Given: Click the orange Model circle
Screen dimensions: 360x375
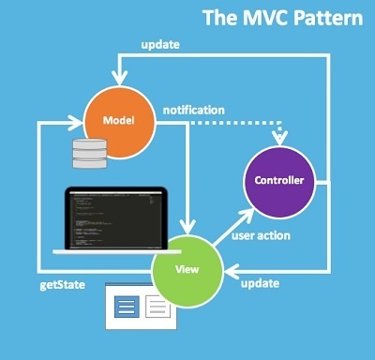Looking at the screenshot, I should [119, 121].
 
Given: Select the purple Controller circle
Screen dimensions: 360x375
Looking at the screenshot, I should [278, 180].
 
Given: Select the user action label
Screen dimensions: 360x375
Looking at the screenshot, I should [261, 235].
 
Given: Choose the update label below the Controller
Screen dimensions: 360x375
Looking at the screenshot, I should [259, 283].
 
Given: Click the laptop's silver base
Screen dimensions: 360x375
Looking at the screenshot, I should [112, 253].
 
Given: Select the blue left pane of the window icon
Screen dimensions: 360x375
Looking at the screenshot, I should [130, 306].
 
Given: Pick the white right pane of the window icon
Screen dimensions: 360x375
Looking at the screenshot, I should [157, 306].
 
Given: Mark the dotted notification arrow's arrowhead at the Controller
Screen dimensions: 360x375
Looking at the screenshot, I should [277, 138].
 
